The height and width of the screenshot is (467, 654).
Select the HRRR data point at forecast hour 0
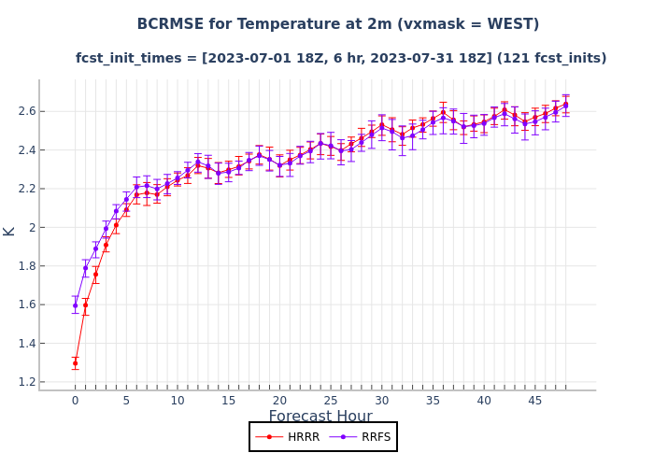pos(76,363)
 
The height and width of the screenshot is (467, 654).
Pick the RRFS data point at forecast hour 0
pos(76,305)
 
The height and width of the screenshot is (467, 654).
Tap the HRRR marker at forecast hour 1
pos(85,305)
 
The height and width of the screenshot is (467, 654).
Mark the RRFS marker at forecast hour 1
pos(85,268)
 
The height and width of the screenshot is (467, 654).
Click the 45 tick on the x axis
pos(535,401)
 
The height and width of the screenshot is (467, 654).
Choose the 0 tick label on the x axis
pos(76,401)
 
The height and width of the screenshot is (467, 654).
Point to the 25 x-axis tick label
pos(331,401)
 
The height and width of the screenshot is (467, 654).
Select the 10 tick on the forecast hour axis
pos(178,401)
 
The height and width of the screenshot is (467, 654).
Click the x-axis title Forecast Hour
pos(320,417)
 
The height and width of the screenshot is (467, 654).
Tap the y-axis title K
pos(9,231)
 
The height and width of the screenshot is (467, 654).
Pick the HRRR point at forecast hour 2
pos(95,275)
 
